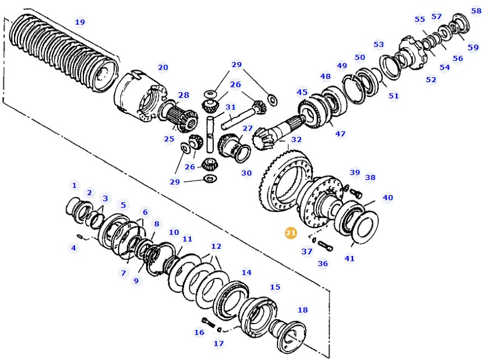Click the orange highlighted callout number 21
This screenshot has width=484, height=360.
pyautogui.click(x=291, y=233)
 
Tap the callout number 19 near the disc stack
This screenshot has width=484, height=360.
pyautogui.click(x=80, y=22)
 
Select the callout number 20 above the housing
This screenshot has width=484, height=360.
pyautogui.click(x=163, y=68)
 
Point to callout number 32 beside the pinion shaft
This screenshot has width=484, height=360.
pyautogui.click(x=297, y=140)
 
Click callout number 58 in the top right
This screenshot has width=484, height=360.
pyautogui.click(x=476, y=11)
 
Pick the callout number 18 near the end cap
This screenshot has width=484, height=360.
pyautogui.click(x=303, y=310)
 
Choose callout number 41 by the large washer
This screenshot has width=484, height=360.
pyautogui.click(x=350, y=258)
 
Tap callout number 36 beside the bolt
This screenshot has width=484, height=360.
pyautogui.click(x=323, y=263)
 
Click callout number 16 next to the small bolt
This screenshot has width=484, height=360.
pyautogui.click(x=199, y=333)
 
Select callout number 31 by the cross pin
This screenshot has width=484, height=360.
pyautogui.click(x=231, y=107)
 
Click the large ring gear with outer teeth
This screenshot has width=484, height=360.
pyautogui.click(x=283, y=179)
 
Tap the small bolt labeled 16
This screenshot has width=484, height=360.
pyautogui.click(x=208, y=323)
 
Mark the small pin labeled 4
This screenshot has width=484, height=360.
pyautogui.click(x=81, y=236)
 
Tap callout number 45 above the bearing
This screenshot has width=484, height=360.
pyautogui.click(x=302, y=92)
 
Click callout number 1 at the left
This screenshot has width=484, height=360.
pyautogui.click(x=74, y=185)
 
